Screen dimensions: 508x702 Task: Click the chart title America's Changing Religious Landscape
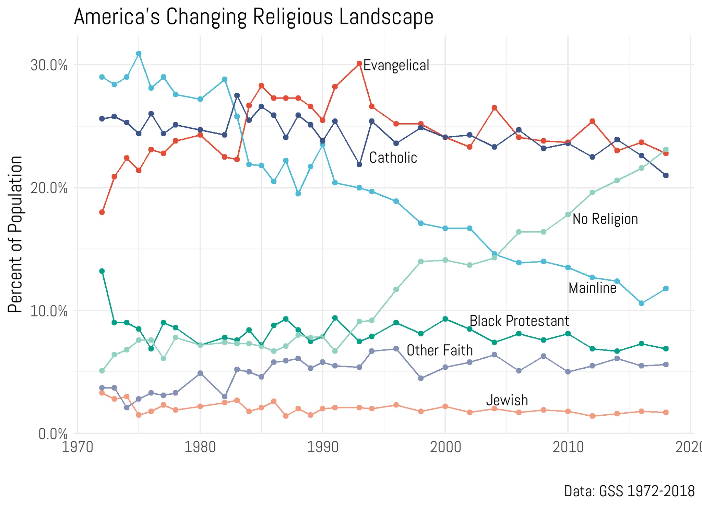(x=253, y=17)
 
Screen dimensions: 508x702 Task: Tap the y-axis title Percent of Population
(x=15, y=234)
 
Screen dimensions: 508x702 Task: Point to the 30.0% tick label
(x=49, y=65)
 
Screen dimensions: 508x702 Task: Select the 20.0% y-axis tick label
(x=49, y=188)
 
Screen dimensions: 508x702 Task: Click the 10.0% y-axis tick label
(x=49, y=311)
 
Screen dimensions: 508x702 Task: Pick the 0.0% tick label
(x=53, y=434)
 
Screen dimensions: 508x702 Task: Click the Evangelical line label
(x=396, y=65)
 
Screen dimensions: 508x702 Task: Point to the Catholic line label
(x=393, y=158)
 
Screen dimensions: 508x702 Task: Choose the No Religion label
(x=605, y=219)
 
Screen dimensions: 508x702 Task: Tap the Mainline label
(x=592, y=288)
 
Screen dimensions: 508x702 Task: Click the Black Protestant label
(x=519, y=321)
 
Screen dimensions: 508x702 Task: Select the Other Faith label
(x=440, y=350)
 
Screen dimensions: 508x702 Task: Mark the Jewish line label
(x=507, y=400)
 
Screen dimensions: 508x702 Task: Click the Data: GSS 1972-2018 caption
(x=629, y=491)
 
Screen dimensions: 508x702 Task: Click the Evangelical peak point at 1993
(x=359, y=63)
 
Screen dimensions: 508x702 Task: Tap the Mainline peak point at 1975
(x=139, y=54)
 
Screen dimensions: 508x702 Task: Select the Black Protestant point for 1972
(x=102, y=271)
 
